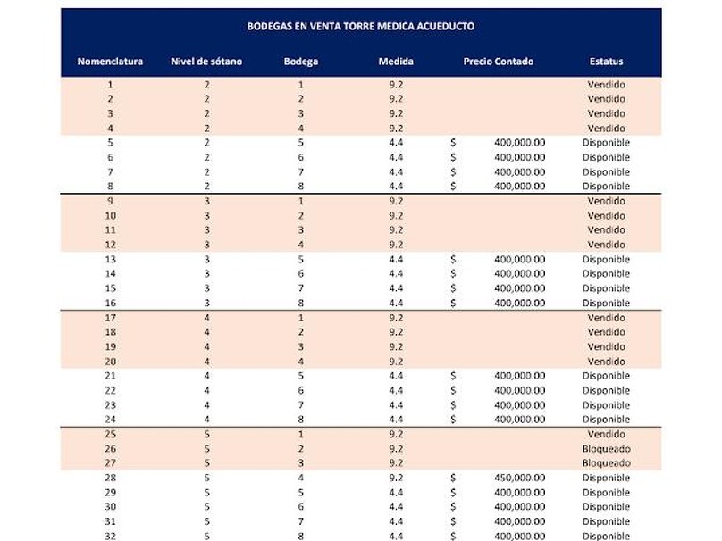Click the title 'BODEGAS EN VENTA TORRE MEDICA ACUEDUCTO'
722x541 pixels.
[x=360, y=27]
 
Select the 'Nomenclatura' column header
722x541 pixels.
[x=110, y=62]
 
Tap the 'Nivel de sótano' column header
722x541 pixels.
[x=206, y=62]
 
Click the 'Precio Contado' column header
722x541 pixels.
[x=498, y=62]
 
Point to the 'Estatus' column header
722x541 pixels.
[x=606, y=62]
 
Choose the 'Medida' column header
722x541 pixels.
[x=396, y=62]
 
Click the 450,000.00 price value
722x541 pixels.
[x=519, y=478]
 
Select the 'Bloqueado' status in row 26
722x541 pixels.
[x=606, y=448]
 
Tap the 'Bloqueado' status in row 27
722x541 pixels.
[x=606, y=463]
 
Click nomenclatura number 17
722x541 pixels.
[x=110, y=318]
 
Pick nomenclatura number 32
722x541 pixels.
[x=110, y=536]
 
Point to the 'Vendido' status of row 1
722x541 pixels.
[x=606, y=85]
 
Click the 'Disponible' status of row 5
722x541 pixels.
[x=606, y=143]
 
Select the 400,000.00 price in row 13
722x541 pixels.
[x=519, y=260]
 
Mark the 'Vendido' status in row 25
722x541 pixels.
[x=606, y=434]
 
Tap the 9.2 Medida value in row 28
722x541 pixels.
[x=396, y=478]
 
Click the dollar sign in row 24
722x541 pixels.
[x=453, y=420]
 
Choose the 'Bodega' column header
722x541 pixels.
[x=301, y=62]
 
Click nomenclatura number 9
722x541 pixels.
[x=110, y=201]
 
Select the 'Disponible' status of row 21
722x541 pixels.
[x=606, y=376]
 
